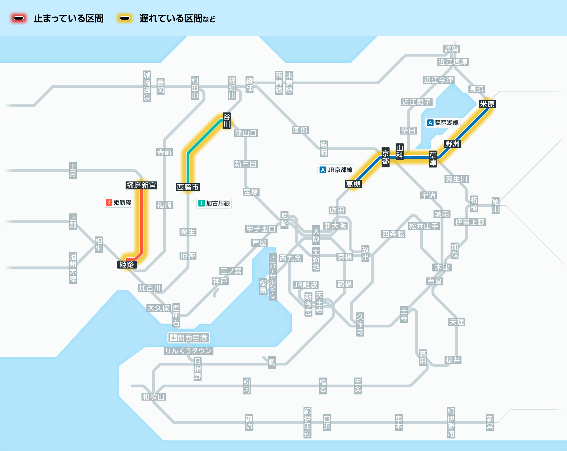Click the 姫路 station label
pyautogui.click(x=127, y=264)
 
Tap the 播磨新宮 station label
pyautogui.click(x=141, y=185)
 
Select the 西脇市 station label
pyautogui.click(x=188, y=187)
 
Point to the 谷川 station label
pyautogui.click(x=227, y=121)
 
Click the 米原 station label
pyautogui.click(x=487, y=104)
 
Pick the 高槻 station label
pyautogui.click(x=353, y=184)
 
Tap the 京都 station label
pyautogui.click(x=385, y=157)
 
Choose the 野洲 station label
pyautogui.click(x=452, y=144)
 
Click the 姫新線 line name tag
pyautogui.click(x=119, y=202)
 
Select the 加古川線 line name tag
pyautogui.click(x=214, y=203)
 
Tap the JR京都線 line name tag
pyautogui.click(x=336, y=170)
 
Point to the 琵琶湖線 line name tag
pyautogui.click(x=443, y=123)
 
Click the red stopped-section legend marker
pyautogui.click(x=19, y=18)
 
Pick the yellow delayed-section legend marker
pyautogui.click(x=125, y=18)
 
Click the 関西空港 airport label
pyautogui.click(x=189, y=338)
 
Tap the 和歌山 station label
pyautogui.click(x=153, y=396)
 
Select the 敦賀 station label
pyautogui.click(x=451, y=49)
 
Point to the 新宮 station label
pyautogui.click(x=490, y=422)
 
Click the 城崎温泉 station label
pyautogui.click(x=147, y=86)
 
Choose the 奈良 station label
pyautogui.click(x=435, y=281)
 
